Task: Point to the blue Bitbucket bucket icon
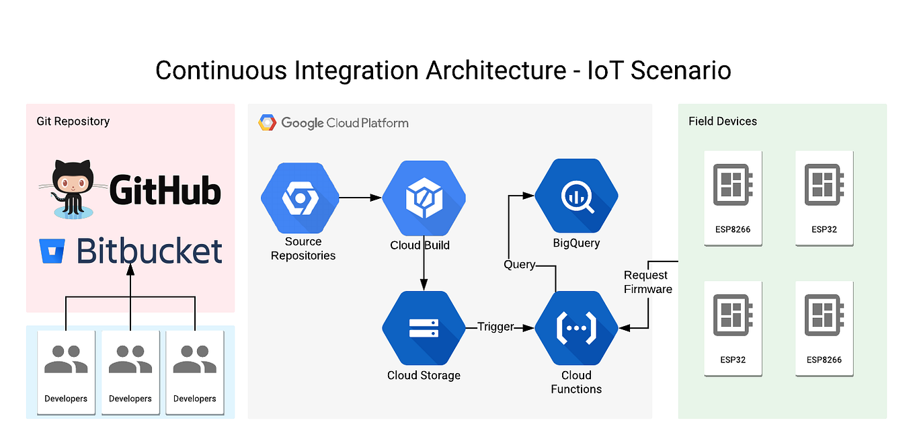click(51, 251)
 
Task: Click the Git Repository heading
click(73, 121)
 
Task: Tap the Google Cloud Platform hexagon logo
click(267, 123)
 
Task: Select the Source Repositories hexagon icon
click(299, 198)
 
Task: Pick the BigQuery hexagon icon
click(576, 196)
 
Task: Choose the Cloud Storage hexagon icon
click(424, 327)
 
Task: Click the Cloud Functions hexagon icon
click(576, 327)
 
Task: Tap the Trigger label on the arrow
click(495, 327)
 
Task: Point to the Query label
click(519, 265)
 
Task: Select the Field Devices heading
click(722, 121)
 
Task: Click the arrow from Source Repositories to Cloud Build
click(360, 198)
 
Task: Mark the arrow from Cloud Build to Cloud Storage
click(424, 266)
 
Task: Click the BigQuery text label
click(576, 243)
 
